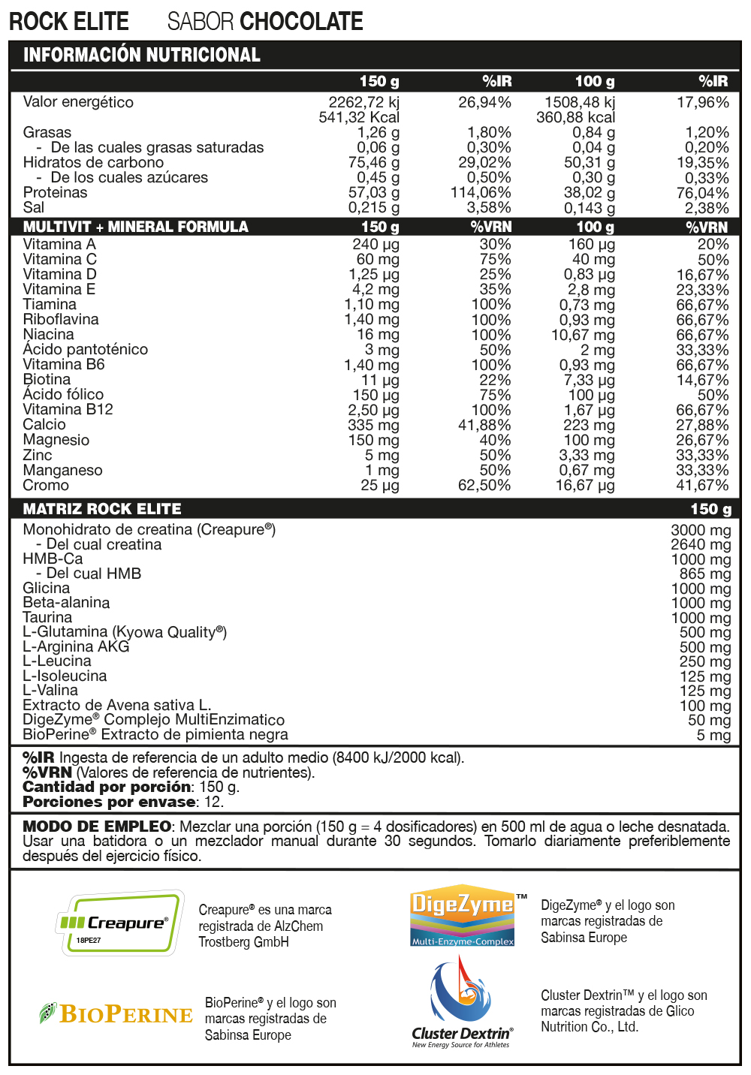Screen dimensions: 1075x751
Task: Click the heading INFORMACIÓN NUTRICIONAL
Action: tap(142, 55)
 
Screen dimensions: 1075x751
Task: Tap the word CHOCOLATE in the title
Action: tap(302, 22)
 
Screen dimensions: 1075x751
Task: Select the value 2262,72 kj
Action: tap(363, 102)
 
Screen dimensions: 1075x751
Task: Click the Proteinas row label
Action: tap(55, 192)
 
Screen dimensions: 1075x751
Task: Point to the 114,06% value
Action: tap(481, 192)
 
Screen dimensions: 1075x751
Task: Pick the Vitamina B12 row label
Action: tap(68, 409)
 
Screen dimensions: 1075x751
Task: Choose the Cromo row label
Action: tap(46, 485)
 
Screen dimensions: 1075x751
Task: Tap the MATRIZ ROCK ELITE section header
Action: tap(102, 509)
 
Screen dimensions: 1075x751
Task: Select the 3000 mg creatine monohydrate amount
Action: tap(700, 530)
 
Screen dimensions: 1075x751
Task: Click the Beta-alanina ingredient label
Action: tap(66, 602)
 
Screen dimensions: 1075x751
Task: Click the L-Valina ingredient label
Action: tap(50, 690)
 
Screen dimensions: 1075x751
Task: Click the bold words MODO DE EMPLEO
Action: tap(96, 827)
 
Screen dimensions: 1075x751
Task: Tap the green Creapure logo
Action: tap(120, 923)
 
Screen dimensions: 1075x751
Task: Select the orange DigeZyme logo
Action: tap(462, 914)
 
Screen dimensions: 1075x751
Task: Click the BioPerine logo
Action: tap(116, 1014)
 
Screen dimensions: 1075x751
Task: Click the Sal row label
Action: tap(34, 207)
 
